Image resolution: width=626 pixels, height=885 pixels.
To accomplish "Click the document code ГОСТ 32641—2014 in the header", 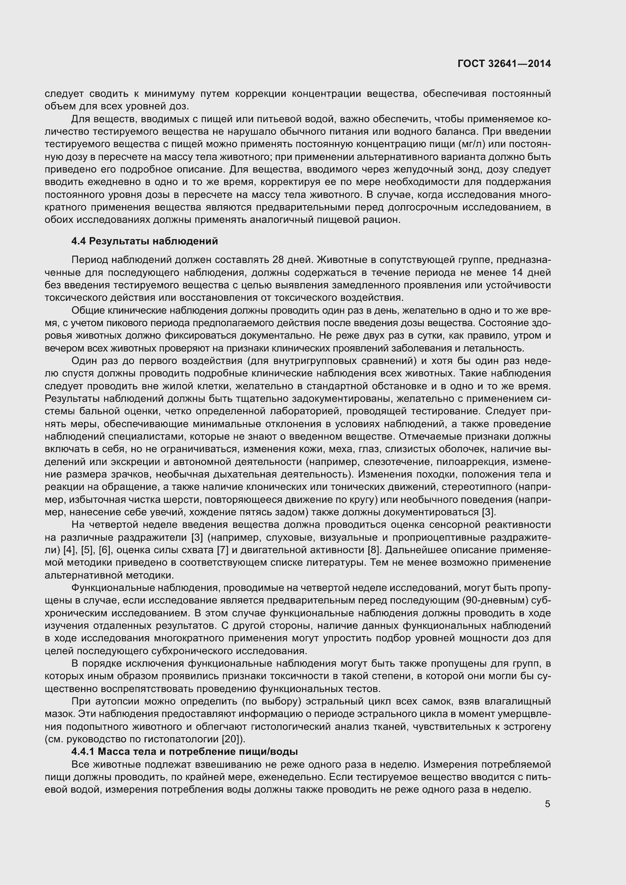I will pos(504,64).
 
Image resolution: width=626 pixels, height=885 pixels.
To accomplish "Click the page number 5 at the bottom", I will pos(547,804).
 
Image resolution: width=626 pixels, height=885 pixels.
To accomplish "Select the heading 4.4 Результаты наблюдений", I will pos(145,241).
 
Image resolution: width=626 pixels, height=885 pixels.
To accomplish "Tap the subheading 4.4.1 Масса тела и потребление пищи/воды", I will pos(185,752).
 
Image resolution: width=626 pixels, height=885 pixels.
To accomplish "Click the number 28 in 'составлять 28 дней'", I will pos(278,260).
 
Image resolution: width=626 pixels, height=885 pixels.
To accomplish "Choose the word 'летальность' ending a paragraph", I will pos(498,348).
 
